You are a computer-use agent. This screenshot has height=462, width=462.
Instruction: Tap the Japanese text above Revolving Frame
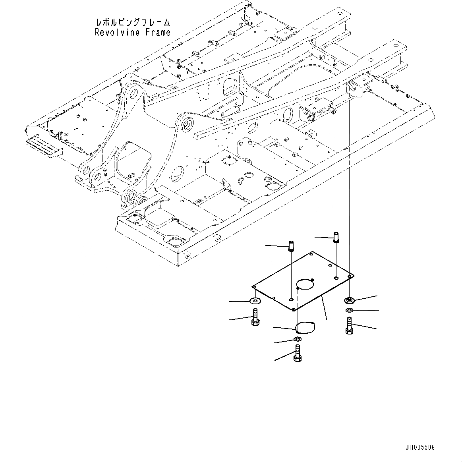click(x=133, y=22)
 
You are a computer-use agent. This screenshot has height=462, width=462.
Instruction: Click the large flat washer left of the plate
click(x=255, y=301)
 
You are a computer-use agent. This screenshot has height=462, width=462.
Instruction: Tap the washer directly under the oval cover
click(x=297, y=339)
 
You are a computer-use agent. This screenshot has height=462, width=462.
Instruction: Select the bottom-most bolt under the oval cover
click(x=297, y=353)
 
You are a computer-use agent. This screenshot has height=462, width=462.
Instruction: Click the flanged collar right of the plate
click(x=349, y=300)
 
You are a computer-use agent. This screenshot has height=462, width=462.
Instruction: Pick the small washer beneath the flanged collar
click(x=349, y=310)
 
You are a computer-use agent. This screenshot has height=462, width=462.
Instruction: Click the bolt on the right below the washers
click(x=349, y=326)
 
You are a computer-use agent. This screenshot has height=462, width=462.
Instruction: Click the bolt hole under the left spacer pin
click(x=291, y=299)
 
